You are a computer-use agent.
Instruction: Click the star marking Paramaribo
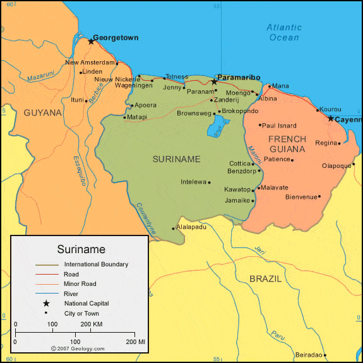[214, 82]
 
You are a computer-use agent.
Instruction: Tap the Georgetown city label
[116, 38]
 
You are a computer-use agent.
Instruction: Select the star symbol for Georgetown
[91, 42]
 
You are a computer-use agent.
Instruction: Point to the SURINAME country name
[176, 159]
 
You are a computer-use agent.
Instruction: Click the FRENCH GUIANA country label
[287, 144]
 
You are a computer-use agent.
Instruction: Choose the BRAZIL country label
[265, 278]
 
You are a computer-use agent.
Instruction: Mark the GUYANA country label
[43, 113]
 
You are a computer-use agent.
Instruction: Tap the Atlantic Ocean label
[283, 32]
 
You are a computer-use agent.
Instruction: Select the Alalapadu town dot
[173, 228]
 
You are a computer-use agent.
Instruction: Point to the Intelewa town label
[194, 182]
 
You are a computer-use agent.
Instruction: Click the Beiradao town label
[309, 355]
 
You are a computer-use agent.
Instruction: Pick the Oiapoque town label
[336, 166]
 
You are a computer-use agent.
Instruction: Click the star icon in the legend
[46, 304]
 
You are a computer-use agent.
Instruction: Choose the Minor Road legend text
[80, 284]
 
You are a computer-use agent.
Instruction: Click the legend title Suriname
[81, 249]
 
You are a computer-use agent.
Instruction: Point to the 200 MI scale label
[136, 342]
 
